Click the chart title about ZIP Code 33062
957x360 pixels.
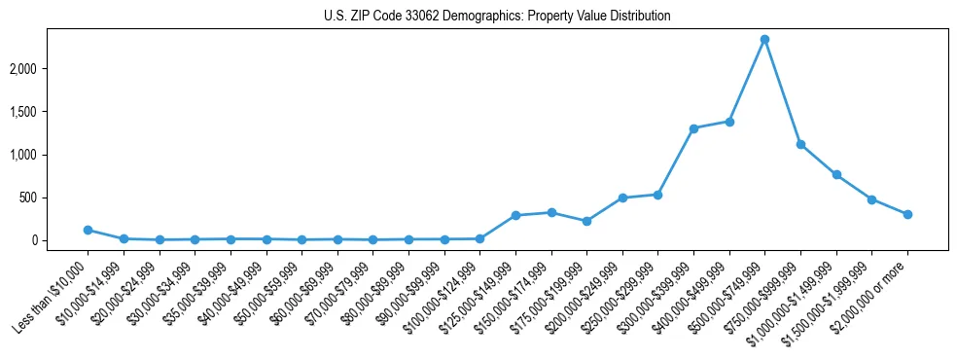(497, 17)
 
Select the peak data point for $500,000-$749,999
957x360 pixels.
(765, 40)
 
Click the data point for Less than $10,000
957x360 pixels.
(88, 231)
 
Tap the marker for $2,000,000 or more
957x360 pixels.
(907, 214)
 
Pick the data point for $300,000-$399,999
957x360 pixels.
(693, 128)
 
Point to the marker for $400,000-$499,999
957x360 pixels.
(729, 122)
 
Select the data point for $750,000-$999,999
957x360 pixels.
(800, 144)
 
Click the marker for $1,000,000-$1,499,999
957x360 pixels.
(836, 175)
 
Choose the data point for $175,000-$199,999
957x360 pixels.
(586, 221)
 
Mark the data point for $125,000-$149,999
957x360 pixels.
(515, 215)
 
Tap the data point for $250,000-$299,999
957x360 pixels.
(658, 195)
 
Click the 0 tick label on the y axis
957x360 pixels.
(60, 240)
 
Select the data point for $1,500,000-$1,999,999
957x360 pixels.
(871, 199)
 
